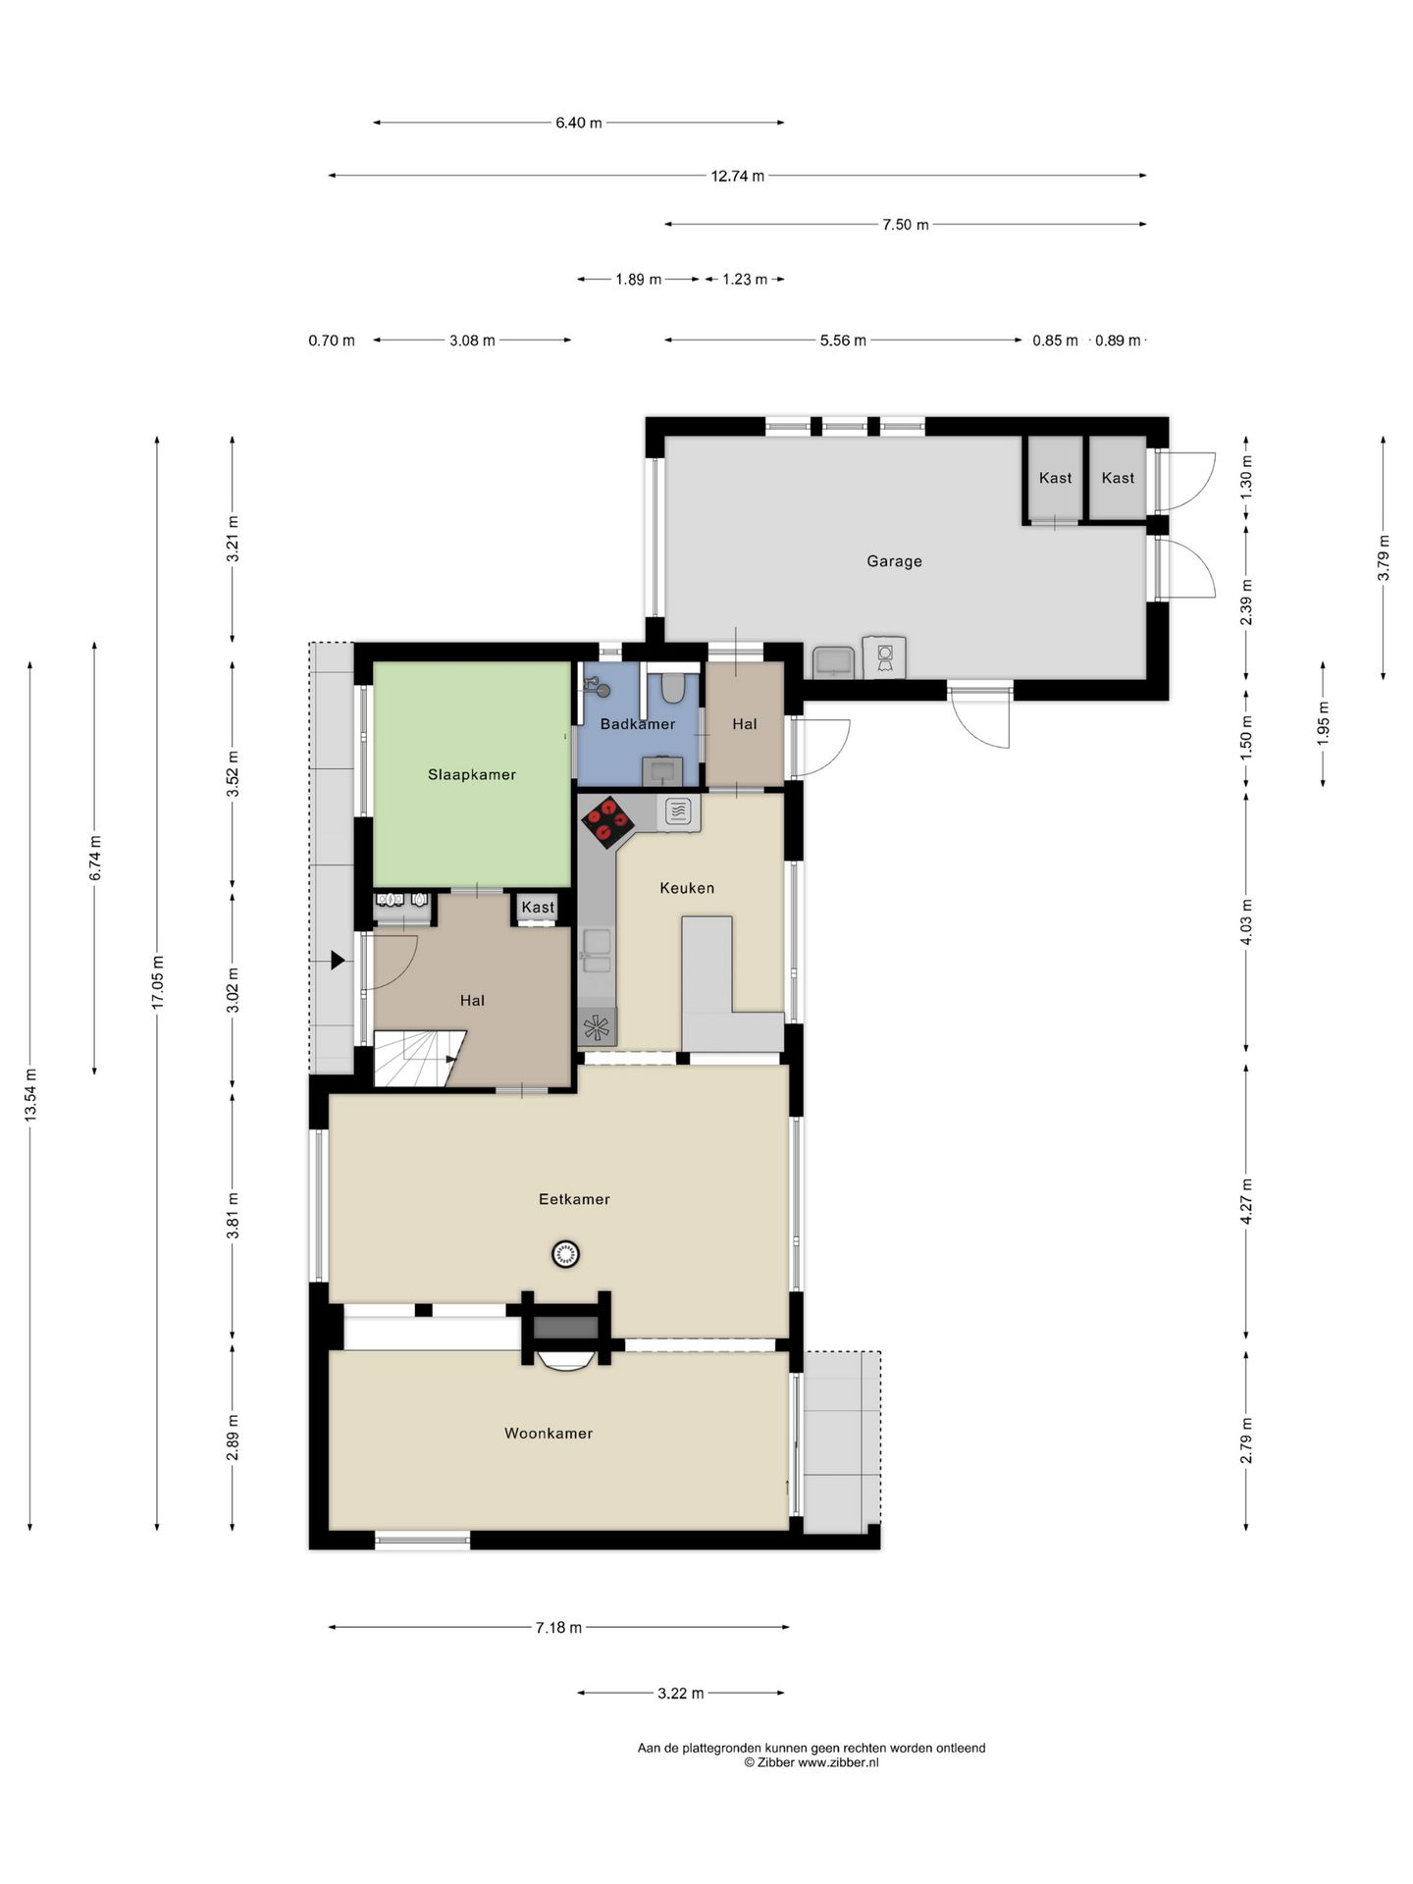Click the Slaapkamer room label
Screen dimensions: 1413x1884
pyautogui.click(x=471, y=774)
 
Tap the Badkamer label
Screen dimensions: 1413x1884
pyautogui.click(x=638, y=724)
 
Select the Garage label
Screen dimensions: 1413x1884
pyautogui.click(x=894, y=561)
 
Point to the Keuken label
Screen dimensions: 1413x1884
pyautogui.click(x=687, y=888)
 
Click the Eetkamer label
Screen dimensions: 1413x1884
pyautogui.click(x=574, y=1199)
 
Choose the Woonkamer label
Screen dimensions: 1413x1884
pyautogui.click(x=549, y=1434)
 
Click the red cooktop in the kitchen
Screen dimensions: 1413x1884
pyautogui.click(x=605, y=821)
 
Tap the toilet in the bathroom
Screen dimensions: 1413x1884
pyautogui.click(x=672, y=686)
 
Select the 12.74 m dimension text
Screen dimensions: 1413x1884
pyautogui.click(x=737, y=177)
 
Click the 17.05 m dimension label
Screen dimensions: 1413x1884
pyautogui.click(x=157, y=981)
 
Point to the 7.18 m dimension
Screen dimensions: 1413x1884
pyautogui.click(x=558, y=1628)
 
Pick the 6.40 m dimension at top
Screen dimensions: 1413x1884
pyautogui.click(x=578, y=123)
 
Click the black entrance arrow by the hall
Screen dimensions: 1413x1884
pyautogui.click(x=338, y=961)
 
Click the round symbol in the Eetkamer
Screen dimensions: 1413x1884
pyautogui.click(x=565, y=1253)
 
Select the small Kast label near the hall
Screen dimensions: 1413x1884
pyautogui.click(x=538, y=908)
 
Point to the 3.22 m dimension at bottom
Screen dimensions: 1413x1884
pyautogui.click(x=680, y=1693)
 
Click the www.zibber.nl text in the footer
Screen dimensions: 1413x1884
pyautogui.click(x=838, y=1762)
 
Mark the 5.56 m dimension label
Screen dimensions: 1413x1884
pyautogui.click(x=843, y=340)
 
